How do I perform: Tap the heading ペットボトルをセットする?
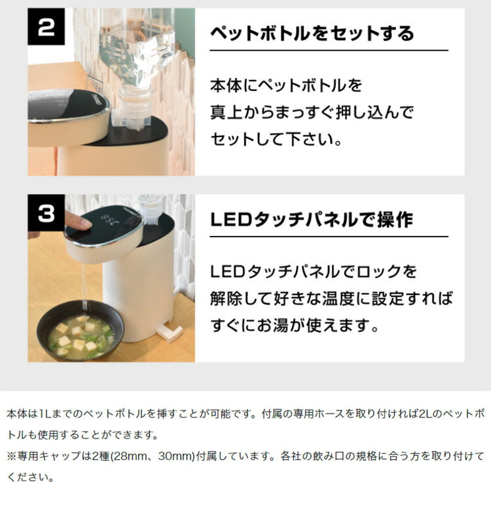tap(312, 33)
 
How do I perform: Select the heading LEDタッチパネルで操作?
tap(311, 220)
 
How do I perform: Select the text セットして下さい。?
tap(276, 139)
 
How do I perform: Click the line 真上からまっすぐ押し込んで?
tap(312, 112)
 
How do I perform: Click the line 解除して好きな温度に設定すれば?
tap(331, 298)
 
